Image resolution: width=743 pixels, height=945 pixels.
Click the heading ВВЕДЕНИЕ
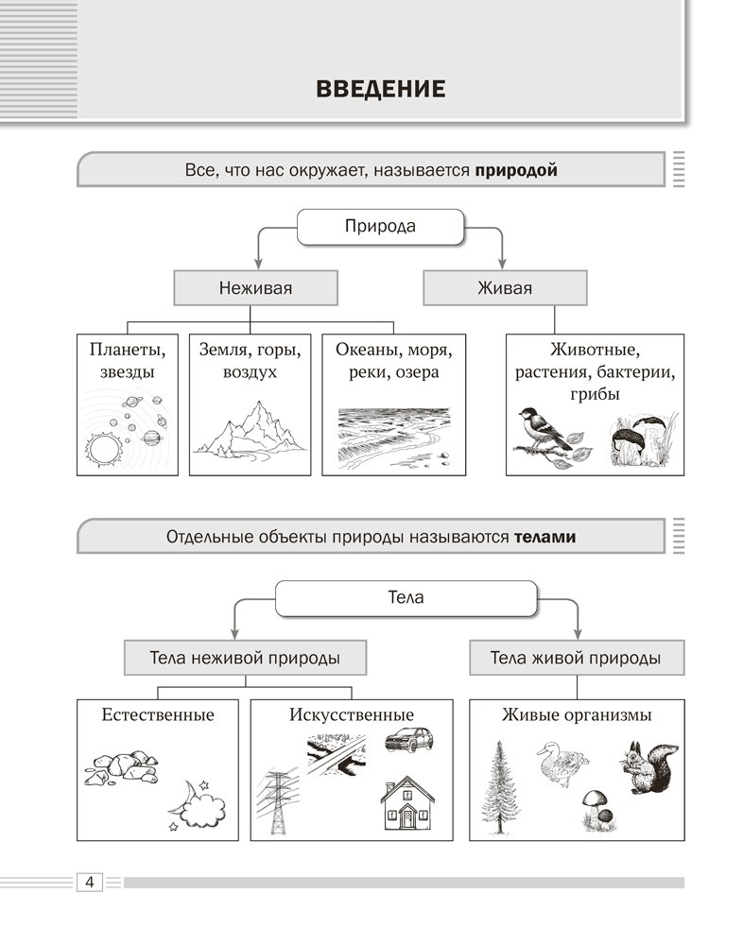tap(379, 90)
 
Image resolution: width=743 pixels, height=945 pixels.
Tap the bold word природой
tap(516, 171)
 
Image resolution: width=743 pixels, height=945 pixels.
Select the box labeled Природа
tap(380, 227)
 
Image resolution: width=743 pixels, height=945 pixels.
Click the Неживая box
tap(255, 288)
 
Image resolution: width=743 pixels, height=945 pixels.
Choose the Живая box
tap(505, 288)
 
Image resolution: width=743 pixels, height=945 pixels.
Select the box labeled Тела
tap(406, 597)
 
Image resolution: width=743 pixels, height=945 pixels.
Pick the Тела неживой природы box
tap(245, 658)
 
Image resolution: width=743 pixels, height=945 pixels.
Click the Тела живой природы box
tap(576, 658)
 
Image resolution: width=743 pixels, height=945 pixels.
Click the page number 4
tap(88, 882)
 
